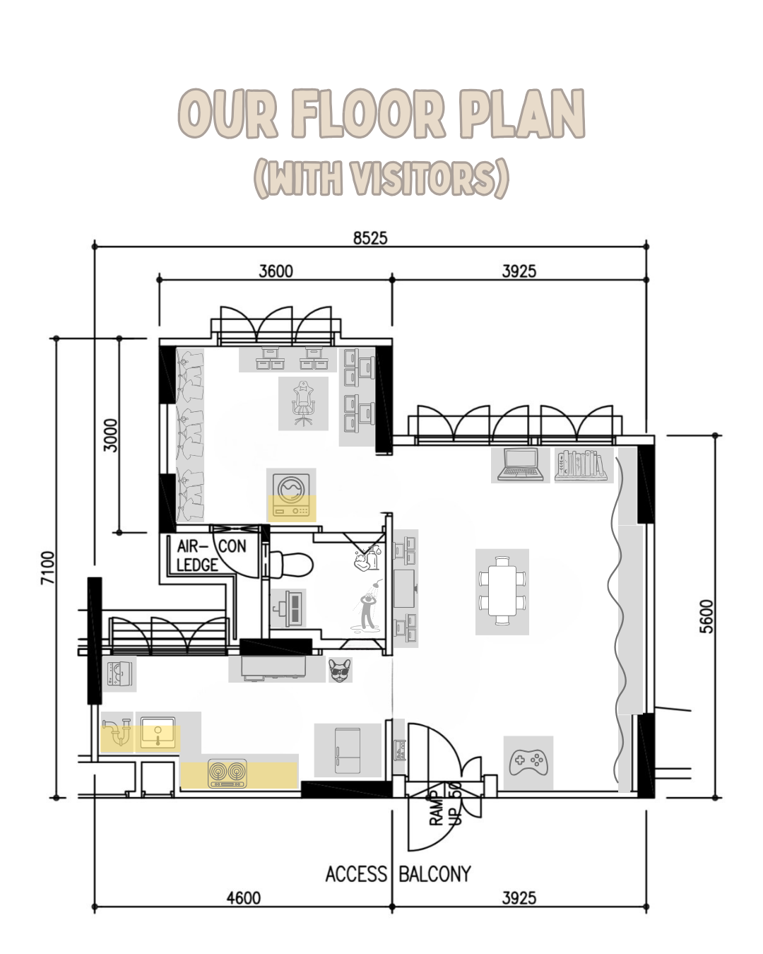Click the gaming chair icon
tap(303, 403)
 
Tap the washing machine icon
tap(291, 495)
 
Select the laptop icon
tap(520, 465)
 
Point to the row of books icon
tap(581, 465)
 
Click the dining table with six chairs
tap(502, 591)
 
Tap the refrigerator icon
tap(348, 750)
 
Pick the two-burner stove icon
tap(227, 773)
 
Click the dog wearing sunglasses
tap(340, 669)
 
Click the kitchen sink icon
tap(158, 732)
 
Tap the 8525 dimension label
tap(370, 237)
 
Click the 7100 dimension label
tap(47, 567)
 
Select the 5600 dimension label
tap(706, 616)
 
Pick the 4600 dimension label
tap(243, 897)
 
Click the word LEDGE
tap(197, 565)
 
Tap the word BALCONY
tap(434, 874)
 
